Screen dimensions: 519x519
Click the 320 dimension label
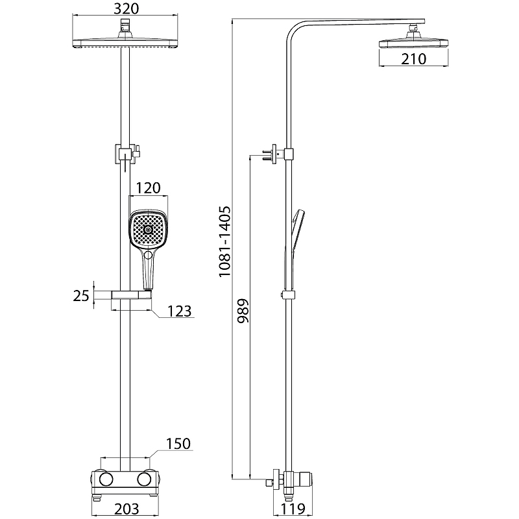tap(126, 8)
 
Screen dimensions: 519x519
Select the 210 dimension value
tap(414, 59)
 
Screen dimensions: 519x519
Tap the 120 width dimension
tap(149, 188)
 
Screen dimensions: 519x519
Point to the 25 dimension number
tap(81, 296)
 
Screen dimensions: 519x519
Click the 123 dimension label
tap(180, 311)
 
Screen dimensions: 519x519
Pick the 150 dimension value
tap(178, 444)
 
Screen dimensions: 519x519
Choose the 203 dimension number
tap(127, 509)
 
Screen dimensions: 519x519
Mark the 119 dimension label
tap(293, 509)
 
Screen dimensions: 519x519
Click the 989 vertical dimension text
tap(243, 311)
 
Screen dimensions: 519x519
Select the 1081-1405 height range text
tap(224, 241)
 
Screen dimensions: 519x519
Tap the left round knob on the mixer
tap(106, 479)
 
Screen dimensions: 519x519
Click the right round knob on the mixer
tap(144, 479)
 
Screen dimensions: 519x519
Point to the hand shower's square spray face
tap(148, 229)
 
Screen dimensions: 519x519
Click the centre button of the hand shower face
tap(148, 230)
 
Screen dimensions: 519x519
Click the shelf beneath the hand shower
tap(132, 295)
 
